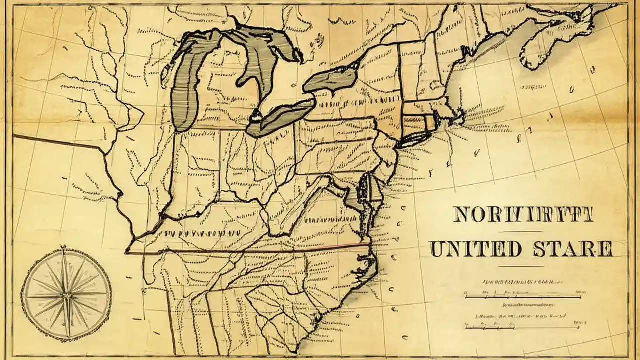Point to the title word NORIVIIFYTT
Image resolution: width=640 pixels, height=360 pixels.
pyautogui.click(x=522, y=214)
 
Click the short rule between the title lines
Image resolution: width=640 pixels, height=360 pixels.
pyautogui.click(x=521, y=231)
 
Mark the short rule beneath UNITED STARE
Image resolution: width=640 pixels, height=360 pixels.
pyautogui.click(x=521, y=266)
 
